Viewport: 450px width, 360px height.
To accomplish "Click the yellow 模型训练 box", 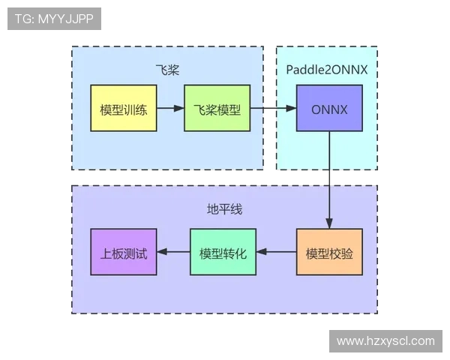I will click(124, 109).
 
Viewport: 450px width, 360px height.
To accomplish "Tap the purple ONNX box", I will click(329, 109).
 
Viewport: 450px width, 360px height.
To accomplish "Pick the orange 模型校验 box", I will click(329, 252).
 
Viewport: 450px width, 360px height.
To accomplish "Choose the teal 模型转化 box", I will click(223, 252).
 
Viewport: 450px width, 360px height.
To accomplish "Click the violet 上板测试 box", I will click(124, 252).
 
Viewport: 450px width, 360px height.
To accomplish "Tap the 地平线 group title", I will click(224, 208).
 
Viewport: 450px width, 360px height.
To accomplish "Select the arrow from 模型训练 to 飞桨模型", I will click(170, 109).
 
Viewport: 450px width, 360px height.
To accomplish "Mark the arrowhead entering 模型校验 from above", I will click(329, 223).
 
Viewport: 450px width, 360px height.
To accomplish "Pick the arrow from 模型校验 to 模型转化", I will click(277, 252).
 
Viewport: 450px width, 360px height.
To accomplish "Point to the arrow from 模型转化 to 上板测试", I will click(173, 252).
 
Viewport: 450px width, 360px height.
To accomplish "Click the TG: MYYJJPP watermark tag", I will click(54, 19).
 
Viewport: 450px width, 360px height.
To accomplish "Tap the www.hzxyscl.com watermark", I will click(385, 341).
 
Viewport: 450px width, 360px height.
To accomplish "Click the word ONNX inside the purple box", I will click(329, 109).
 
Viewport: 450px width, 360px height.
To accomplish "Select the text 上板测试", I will click(124, 253).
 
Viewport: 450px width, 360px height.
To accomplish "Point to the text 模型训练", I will click(124, 109).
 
